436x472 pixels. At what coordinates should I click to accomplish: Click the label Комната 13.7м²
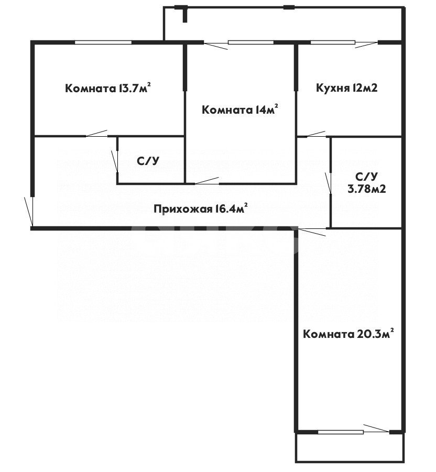point(108,88)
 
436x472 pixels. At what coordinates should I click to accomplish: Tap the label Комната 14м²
point(239,110)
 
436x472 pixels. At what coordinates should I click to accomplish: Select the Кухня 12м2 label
point(346,88)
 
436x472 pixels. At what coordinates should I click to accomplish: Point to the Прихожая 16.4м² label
point(200,210)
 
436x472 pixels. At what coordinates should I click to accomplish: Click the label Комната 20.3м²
point(348,334)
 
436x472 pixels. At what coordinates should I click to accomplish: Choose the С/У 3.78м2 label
point(367,183)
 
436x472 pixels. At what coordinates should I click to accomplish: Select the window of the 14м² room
point(248,43)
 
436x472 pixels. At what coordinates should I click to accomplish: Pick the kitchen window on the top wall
point(332,43)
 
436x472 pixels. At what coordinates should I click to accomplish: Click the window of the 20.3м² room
point(341,432)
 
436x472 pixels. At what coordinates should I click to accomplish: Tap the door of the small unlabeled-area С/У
point(116,162)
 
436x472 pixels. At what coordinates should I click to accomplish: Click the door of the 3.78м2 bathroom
point(330,183)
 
